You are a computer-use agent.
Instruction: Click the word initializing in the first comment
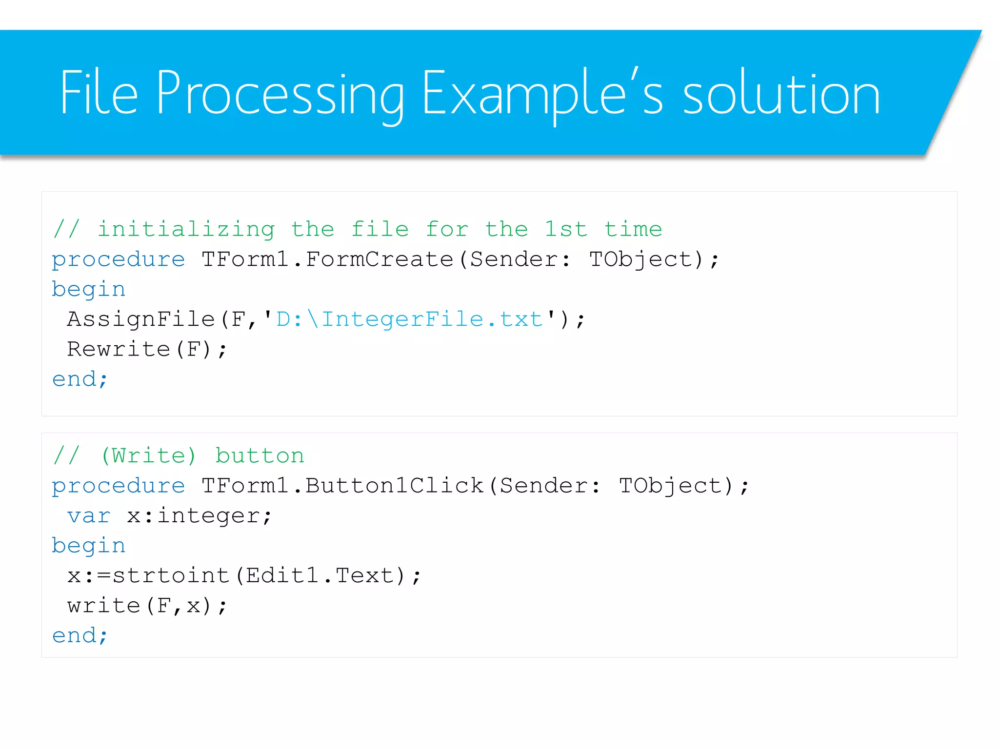[186, 229]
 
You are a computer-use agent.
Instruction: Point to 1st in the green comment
[566, 229]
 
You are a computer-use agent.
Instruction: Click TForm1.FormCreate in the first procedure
[327, 259]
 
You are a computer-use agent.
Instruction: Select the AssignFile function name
[141, 319]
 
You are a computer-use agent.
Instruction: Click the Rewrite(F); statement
[147, 349]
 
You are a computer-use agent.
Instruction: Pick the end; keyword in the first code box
[80, 379]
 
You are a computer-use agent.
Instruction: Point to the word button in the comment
[260, 456]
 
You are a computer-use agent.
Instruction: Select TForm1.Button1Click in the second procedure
[342, 486]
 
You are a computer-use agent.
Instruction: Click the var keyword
[89, 516]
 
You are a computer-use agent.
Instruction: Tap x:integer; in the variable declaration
[199, 516]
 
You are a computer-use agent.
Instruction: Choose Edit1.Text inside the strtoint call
[320, 576]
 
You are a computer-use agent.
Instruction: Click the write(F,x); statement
[147, 606]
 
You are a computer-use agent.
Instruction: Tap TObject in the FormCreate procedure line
[640, 259]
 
